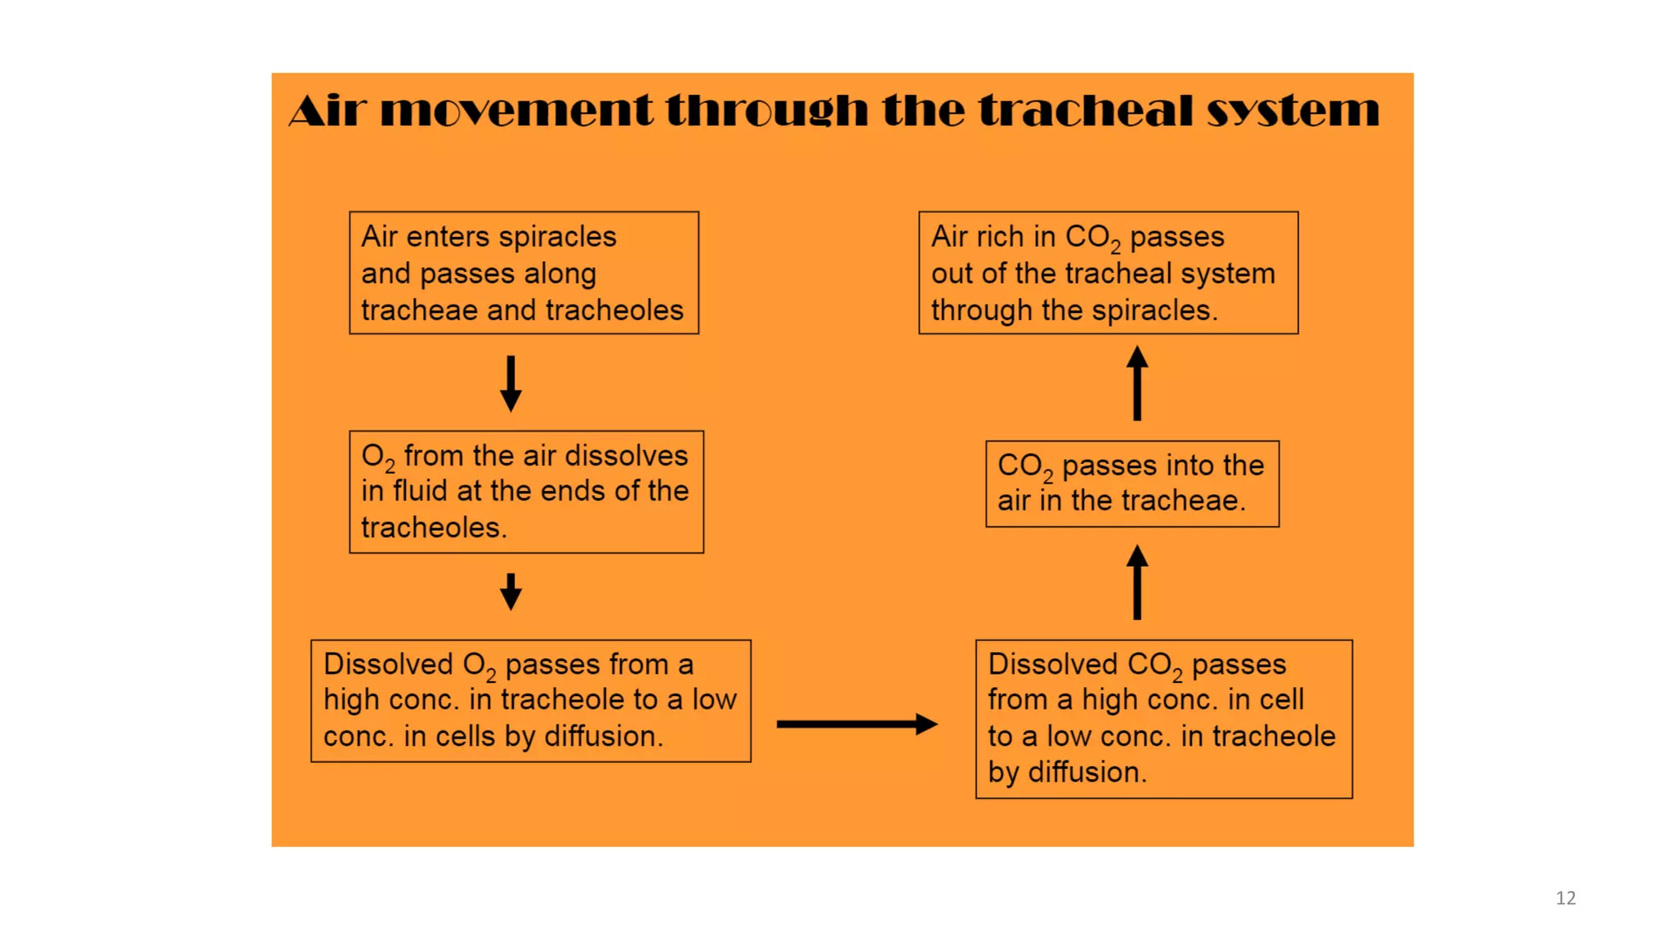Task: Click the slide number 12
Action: [1565, 898]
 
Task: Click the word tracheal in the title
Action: [1086, 110]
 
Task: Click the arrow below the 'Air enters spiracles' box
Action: [511, 383]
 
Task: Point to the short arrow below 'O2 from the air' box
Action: [511, 591]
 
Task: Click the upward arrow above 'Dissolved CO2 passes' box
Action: [1137, 582]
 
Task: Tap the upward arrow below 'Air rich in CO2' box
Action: [1137, 383]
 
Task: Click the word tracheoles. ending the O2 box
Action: [434, 528]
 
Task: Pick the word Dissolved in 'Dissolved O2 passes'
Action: [387, 664]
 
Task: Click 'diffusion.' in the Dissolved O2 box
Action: [604, 736]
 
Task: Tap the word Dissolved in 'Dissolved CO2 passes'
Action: [1052, 664]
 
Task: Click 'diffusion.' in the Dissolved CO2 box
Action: [1087, 772]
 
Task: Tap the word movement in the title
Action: [516, 110]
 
